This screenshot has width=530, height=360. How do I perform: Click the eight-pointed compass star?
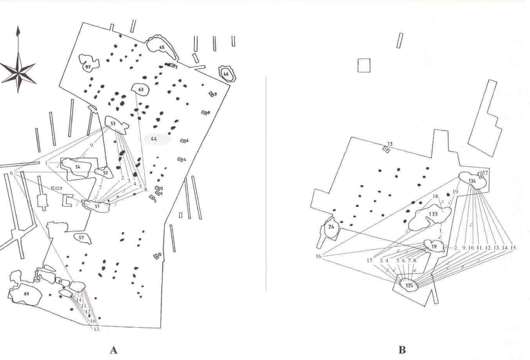pyautogui.click(x=18, y=70)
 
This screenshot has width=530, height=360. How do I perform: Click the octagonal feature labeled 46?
pyautogui.click(x=226, y=74)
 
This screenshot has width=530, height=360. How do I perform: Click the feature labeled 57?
pyautogui.click(x=82, y=238)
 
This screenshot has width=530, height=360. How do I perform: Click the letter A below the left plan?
pyautogui.click(x=113, y=350)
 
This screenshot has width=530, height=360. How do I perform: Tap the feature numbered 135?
pyautogui.click(x=409, y=285)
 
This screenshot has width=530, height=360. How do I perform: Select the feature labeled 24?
pyautogui.click(x=331, y=228)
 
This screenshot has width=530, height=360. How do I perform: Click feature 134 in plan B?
pyautogui.click(x=472, y=181)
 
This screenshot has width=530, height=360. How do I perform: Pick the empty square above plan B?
pyautogui.click(x=364, y=66)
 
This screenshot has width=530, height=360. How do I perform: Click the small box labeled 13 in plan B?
pyautogui.click(x=386, y=150)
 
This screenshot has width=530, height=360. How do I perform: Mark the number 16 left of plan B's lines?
pyautogui.click(x=318, y=256)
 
